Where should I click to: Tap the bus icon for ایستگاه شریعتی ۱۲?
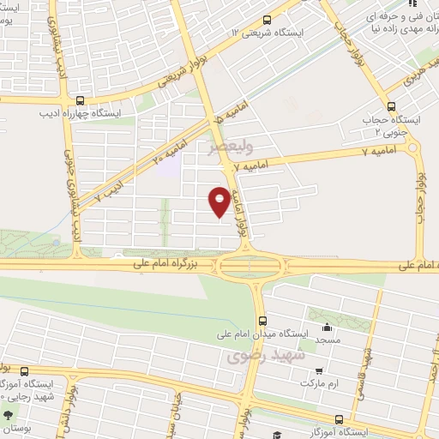tap(268, 20)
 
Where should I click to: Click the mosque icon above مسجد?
tap(326, 327)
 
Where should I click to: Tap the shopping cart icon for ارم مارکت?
tap(319, 371)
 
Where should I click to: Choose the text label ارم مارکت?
tap(318, 383)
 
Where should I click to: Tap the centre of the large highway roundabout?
tap(247, 267)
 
